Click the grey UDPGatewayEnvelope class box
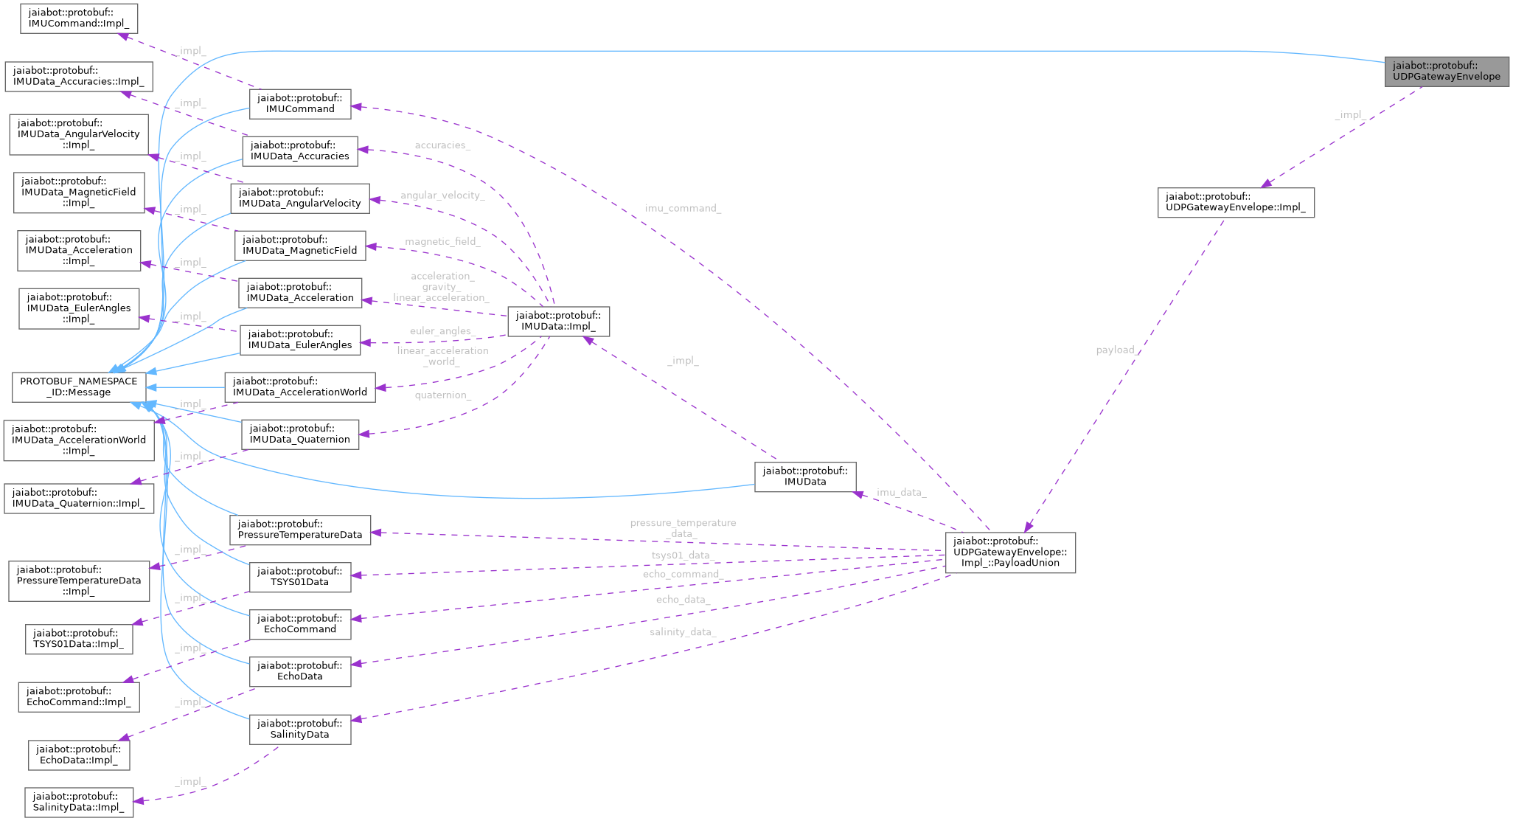(x=1446, y=71)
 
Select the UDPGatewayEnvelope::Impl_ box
(x=1235, y=202)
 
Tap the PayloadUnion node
(x=1009, y=552)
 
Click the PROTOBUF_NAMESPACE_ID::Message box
(x=78, y=387)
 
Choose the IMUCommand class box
(x=300, y=103)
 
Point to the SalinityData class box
(x=299, y=729)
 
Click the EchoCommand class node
(x=299, y=623)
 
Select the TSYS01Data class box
(x=299, y=576)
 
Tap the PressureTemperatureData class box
(x=300, y=529)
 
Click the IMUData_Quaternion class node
(x=300, y=434)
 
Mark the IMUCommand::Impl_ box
(x=78, y=18)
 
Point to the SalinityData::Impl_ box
(x=79, y=802)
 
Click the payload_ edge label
(x=1118, y=350)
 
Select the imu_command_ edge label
(x=683, y=208)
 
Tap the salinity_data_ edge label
(x=682, y=632)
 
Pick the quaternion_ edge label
(x=442, y=395)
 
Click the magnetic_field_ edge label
(x=442, y=242)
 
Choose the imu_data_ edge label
(x=901, y=492)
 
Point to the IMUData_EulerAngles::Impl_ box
(x=79, y=308)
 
